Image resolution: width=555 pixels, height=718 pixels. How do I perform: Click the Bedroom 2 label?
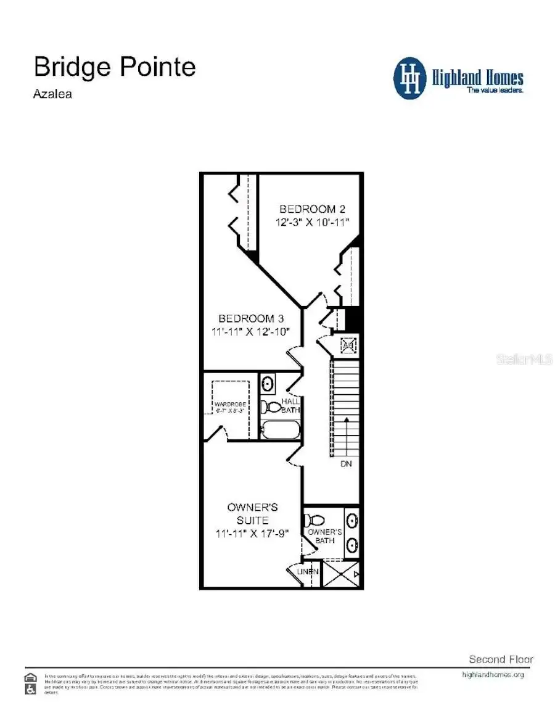coord(308,209)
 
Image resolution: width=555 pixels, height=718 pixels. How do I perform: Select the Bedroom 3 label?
coord(251,318)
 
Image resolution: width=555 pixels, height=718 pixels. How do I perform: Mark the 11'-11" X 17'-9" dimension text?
coord(252,533)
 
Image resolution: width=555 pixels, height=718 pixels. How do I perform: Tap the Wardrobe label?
coord(231,405)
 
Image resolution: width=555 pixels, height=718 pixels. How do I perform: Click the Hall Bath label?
coord(290,405)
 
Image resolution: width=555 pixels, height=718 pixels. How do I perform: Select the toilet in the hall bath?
coord(271,407)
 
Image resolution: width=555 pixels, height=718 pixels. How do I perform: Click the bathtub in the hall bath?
coord(280,429)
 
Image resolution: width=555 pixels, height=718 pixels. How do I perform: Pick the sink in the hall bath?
coord(268,384)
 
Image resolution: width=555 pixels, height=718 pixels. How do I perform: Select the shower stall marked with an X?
coord(341,574)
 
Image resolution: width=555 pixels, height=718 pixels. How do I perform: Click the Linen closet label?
coord(308,572)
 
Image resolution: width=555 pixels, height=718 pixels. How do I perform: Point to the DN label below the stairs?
coord(346,463)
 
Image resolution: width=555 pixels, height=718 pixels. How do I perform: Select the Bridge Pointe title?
coord(115,66)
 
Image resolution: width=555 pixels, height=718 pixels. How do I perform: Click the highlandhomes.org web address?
coord(493,675)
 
